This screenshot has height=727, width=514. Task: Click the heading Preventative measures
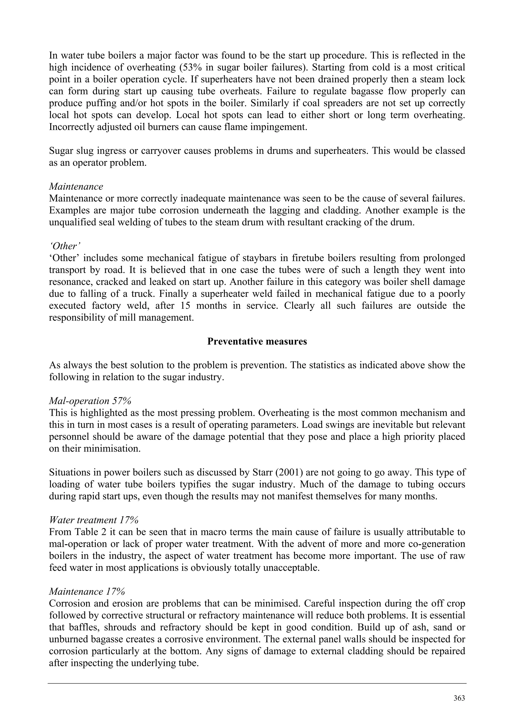tap(257, 341)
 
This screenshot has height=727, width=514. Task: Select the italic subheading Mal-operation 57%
tap(90, 401)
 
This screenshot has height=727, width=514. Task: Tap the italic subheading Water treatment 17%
tap(94, 520)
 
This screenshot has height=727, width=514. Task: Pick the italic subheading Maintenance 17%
tap(87, 592)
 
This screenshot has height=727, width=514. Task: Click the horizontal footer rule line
tap(257, 684)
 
